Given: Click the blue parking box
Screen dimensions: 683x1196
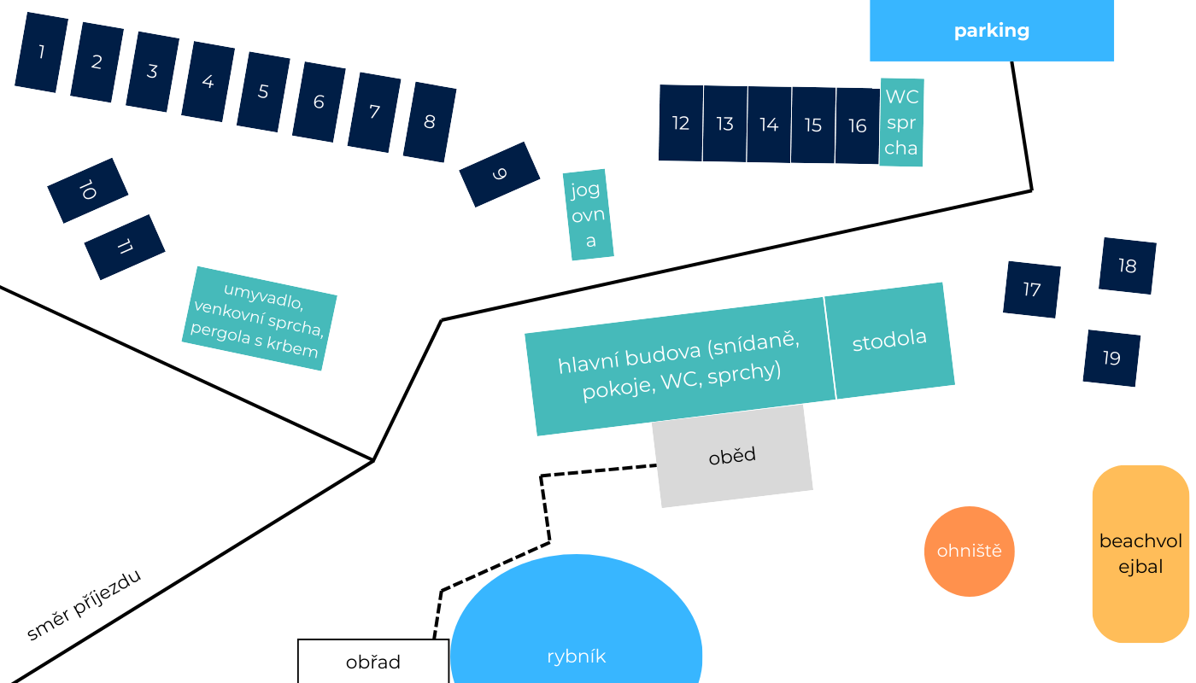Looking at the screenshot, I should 991,31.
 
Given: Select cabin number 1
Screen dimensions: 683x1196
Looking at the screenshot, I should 42,53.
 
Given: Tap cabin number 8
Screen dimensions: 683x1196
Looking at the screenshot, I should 430,122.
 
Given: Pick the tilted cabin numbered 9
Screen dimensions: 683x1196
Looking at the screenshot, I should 500,174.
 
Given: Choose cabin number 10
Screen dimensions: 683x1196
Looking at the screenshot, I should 87,190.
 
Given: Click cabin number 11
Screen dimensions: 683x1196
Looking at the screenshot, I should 125,247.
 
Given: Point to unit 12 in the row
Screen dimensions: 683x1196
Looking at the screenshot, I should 681,123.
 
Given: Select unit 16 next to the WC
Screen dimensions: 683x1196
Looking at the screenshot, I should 858,126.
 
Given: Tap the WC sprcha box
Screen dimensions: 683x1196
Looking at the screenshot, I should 901,122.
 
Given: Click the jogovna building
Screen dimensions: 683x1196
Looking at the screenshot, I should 588,214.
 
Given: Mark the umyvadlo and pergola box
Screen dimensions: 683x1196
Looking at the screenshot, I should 259,318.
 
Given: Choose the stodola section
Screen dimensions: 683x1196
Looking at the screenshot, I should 889,340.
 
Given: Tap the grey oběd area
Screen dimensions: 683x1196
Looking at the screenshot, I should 732,456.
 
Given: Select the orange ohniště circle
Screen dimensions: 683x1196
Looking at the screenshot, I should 969,552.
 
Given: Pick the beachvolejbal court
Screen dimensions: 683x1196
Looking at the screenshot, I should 1140,553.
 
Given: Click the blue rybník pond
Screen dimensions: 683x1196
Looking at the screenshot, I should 577,632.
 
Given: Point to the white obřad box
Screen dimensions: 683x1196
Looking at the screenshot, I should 373,662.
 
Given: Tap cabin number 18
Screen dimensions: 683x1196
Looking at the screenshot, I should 1128,266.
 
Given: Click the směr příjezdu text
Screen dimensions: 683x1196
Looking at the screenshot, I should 83,604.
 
